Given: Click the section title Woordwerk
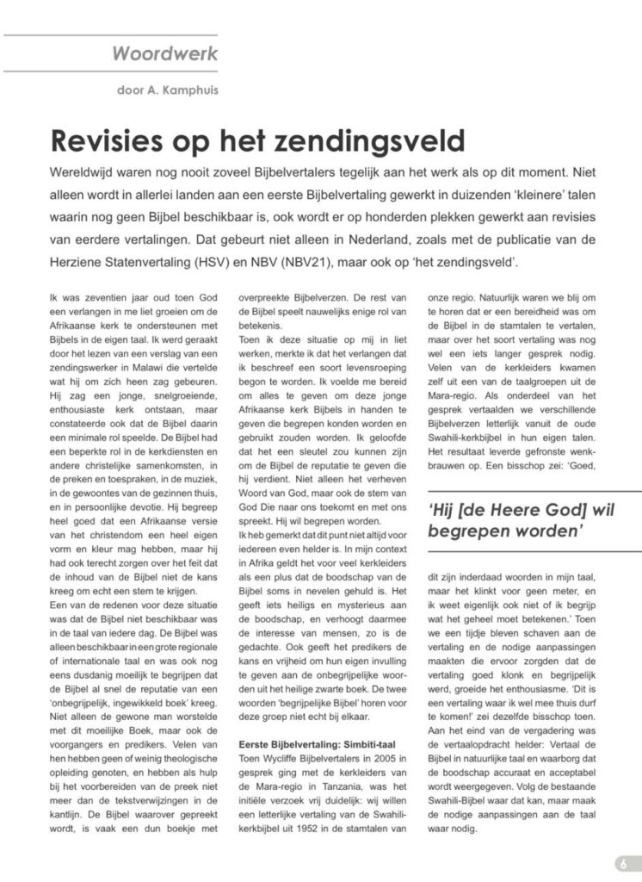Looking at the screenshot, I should click(x=164, y=54).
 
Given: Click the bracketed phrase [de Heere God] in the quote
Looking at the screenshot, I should click(x=519, y=510).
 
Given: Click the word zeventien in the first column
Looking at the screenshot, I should click(x=94, y=297).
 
